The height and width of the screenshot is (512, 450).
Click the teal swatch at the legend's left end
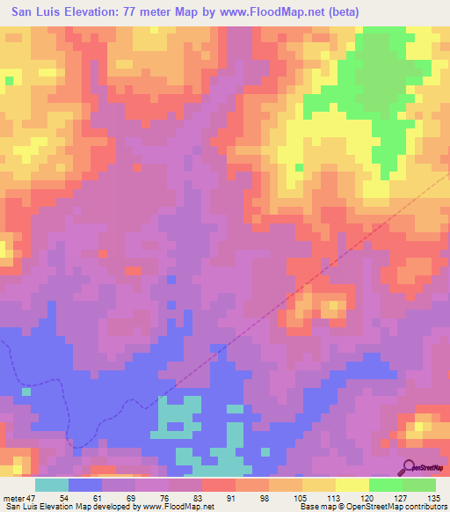52,485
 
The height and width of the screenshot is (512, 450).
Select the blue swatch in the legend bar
85,485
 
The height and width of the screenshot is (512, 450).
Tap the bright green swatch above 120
386,485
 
